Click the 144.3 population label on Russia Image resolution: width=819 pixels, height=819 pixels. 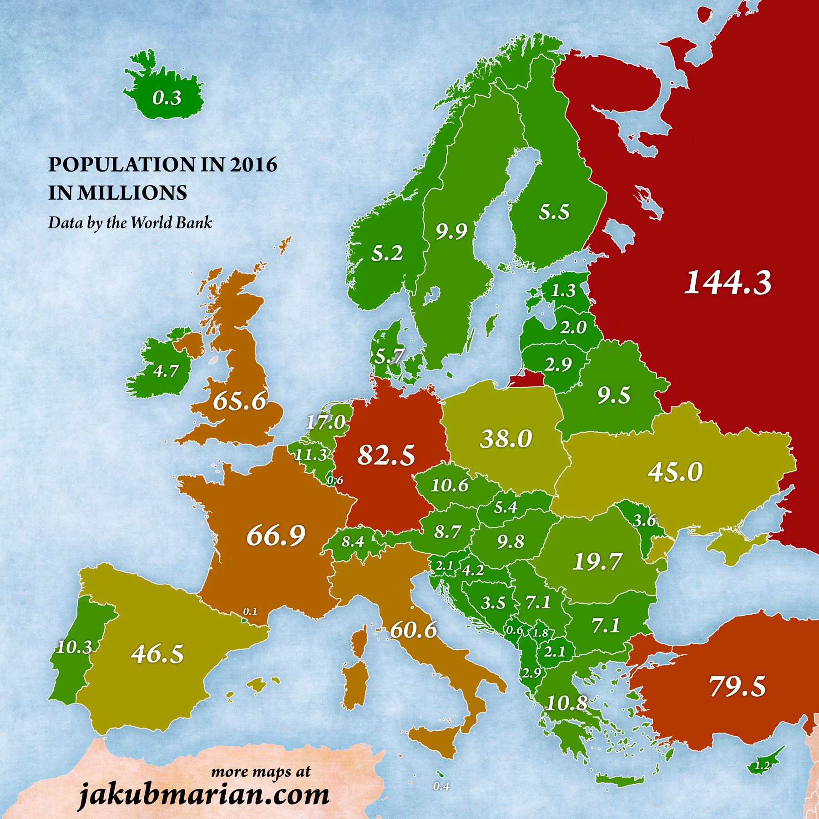pyautogui.click(x=728, y=283)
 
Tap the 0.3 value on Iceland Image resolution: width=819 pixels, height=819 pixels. pyautogui.click(x=167, y=98)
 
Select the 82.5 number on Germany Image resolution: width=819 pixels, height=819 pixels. pyautogui.click(x=386, y=455)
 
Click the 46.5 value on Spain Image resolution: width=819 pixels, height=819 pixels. pyautogui.click(x=157, y=654)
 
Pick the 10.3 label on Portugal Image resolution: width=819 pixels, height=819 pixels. pyautogui.click(x=74, y=647)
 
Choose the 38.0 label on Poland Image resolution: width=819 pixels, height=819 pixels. pyautogui.click(x=506, y=439)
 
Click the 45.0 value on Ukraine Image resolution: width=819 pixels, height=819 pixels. pyautogui.click(x=675, y=472)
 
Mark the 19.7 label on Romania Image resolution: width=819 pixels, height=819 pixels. pyautogui.click(x=597, y=561)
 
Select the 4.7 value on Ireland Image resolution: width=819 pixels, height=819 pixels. pyautogui.click(x=166, y=371)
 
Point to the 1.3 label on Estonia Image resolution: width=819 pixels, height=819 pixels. pyautogui.click(x=563, y=290)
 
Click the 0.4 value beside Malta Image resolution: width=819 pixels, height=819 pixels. pyautogui.click(x=441, y=786)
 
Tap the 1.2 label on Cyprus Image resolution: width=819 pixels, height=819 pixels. pyautogui.click(x=762, y=765)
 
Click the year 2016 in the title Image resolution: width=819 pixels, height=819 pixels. pyautogui.click(x=253, y=164)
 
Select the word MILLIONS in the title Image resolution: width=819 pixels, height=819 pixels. pyautogui.click(x=132, y=193)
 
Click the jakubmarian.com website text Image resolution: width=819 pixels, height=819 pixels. pyautogui.click(x=204, y=795)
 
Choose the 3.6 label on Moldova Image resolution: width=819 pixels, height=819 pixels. pyautogui.click(x=644, y=520)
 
